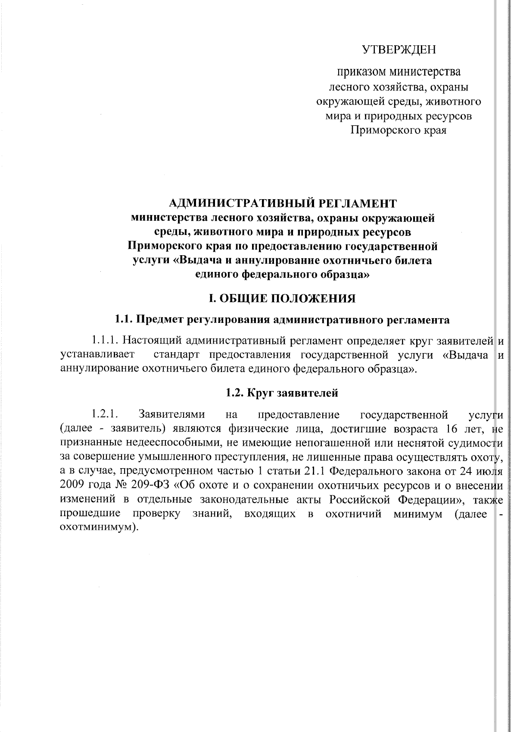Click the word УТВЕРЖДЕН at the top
pos(399,50)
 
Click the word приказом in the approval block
pos(361,71)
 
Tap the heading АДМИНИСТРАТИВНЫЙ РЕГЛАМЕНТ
pos(283,203)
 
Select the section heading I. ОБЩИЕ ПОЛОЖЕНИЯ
pos(283,298)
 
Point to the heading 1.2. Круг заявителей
pos(283,393)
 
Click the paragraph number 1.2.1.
pos(105,415)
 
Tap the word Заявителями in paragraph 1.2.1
pos(172,415)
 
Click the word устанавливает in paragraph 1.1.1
pos(97,355)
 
